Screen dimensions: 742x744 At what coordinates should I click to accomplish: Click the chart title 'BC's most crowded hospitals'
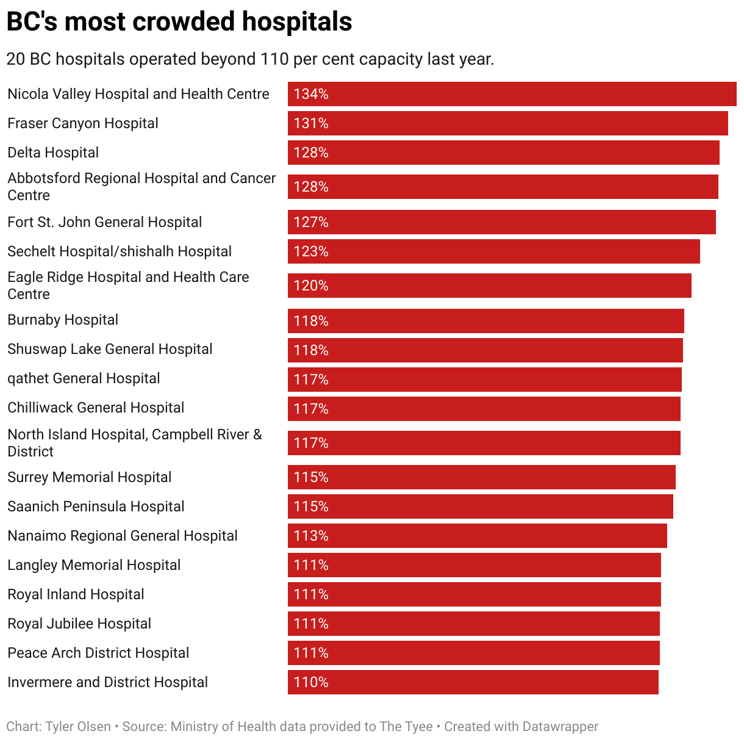(179, 22)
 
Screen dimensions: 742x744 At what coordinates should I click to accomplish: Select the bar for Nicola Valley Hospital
(512, 94)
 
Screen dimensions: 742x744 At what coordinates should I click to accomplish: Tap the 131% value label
(311, 123)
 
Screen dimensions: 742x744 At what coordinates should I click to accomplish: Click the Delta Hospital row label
(53, 153)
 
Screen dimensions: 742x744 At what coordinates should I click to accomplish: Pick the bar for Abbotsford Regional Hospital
(503, 187)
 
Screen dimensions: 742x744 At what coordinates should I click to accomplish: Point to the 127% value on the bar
(311, 222)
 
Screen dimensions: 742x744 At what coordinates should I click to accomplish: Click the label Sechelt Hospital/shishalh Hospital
(120, 251)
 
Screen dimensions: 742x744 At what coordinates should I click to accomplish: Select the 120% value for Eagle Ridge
(311, 286)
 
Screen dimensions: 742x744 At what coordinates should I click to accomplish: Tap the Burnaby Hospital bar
(485, 321)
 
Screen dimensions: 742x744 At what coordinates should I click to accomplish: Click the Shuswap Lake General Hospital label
(110, 349)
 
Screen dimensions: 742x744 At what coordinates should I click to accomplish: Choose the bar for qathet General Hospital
(484, 380)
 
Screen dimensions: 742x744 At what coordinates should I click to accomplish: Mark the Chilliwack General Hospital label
(96, 408)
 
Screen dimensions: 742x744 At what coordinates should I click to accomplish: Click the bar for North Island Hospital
(484, 443)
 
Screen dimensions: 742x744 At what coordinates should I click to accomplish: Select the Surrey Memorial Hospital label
(90, 477)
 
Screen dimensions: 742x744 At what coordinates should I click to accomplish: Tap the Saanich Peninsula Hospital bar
(480, 506)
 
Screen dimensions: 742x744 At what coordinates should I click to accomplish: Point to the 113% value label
(311, 536)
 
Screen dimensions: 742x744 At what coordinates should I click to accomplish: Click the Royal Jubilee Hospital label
(79, 624)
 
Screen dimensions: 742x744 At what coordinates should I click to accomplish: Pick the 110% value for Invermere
(311, 682)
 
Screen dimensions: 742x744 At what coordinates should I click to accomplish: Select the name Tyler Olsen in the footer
(78, 727)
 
